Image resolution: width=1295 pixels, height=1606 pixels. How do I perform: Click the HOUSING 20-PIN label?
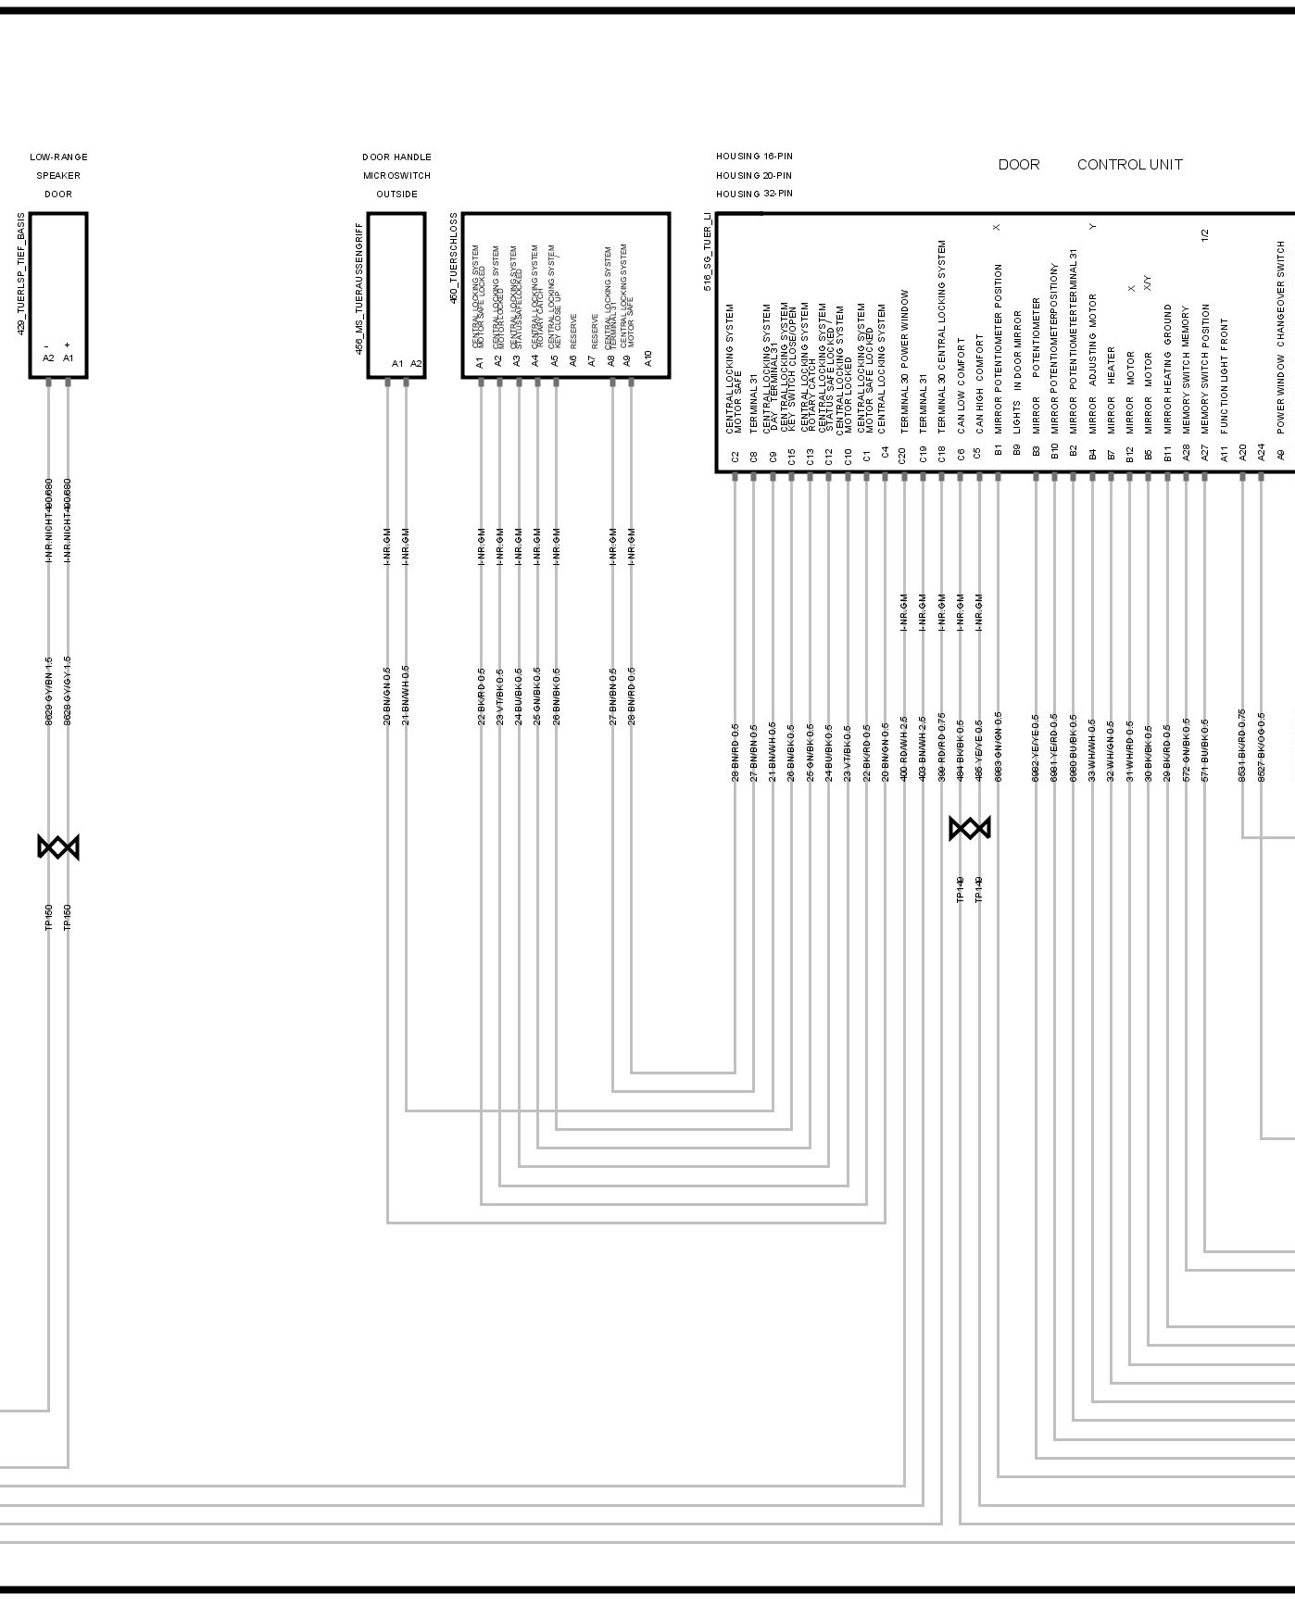point(753,175)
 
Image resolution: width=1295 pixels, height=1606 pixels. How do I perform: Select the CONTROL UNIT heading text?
point(1129,165)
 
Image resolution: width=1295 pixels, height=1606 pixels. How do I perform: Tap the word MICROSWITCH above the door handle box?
point(396,175)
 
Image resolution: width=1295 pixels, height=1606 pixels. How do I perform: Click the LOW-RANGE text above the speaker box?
point(58,157)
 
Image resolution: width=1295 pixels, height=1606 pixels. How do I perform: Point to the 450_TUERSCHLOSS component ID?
point(454,258)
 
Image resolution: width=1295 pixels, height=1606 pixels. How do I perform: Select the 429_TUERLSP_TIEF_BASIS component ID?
point(21,273)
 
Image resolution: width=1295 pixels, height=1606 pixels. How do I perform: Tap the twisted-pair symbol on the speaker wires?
point(58,847)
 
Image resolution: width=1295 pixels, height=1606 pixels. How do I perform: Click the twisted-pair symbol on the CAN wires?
point(970,828)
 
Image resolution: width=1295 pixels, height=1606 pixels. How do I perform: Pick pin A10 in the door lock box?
point(647,358)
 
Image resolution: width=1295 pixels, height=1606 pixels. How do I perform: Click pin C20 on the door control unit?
point(902,455)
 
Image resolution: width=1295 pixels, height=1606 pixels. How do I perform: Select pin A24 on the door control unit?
point(1261,452)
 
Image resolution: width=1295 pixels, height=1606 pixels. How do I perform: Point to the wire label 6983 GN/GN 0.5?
point(998,747)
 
